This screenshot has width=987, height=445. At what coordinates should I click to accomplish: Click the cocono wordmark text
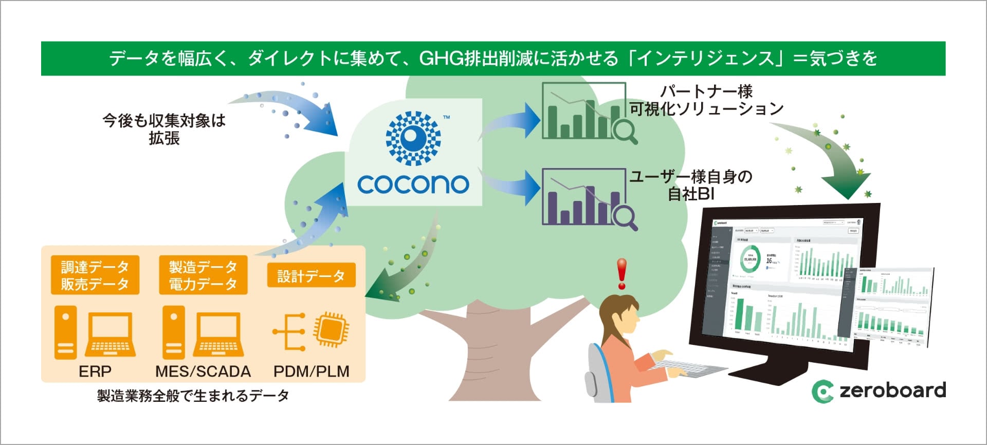[x=413, y=184]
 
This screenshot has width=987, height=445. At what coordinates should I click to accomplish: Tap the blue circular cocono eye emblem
[x=413, y=138]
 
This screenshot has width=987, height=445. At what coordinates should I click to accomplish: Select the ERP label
[x=95, y=371]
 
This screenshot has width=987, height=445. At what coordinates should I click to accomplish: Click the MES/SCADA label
[x=203, y=371]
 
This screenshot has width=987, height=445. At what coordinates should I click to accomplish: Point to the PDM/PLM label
[x=311, y=371]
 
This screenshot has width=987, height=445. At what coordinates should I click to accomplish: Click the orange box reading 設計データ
[x=311, y=276]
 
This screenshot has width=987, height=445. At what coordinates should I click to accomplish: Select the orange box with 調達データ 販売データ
[x=95, y=275]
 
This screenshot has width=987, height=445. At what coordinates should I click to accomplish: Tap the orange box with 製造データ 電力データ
[x=203, y=275]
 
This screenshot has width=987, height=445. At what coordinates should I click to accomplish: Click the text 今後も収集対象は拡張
[x=164, y=129]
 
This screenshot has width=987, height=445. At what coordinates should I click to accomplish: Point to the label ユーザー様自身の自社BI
[x=691, y=185]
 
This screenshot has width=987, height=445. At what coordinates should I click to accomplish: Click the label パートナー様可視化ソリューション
[x=706, y=100]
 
